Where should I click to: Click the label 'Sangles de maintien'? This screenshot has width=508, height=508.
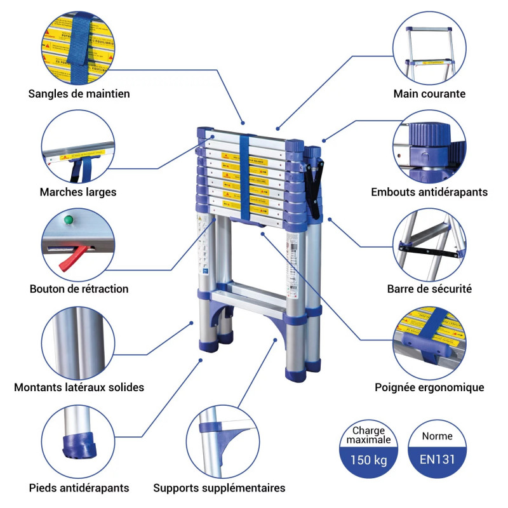click(79, 94)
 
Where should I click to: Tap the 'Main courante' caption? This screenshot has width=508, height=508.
click(429, 94)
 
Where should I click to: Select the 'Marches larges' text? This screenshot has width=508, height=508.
click(78, 192)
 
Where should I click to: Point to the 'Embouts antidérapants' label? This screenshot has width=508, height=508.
click(429, 192)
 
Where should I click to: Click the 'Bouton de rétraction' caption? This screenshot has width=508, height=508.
click(79, 289)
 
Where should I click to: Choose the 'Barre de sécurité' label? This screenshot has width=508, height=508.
click(429, 289)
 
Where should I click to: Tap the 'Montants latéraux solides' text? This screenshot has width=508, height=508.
click(79, 387)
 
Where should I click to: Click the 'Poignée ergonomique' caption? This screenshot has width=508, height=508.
click(429, 387)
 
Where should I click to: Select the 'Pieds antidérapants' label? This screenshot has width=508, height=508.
click(79, 488)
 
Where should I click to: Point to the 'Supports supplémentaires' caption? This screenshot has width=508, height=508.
click(219, 488)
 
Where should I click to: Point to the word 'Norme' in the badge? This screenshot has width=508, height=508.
click(438, 436)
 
